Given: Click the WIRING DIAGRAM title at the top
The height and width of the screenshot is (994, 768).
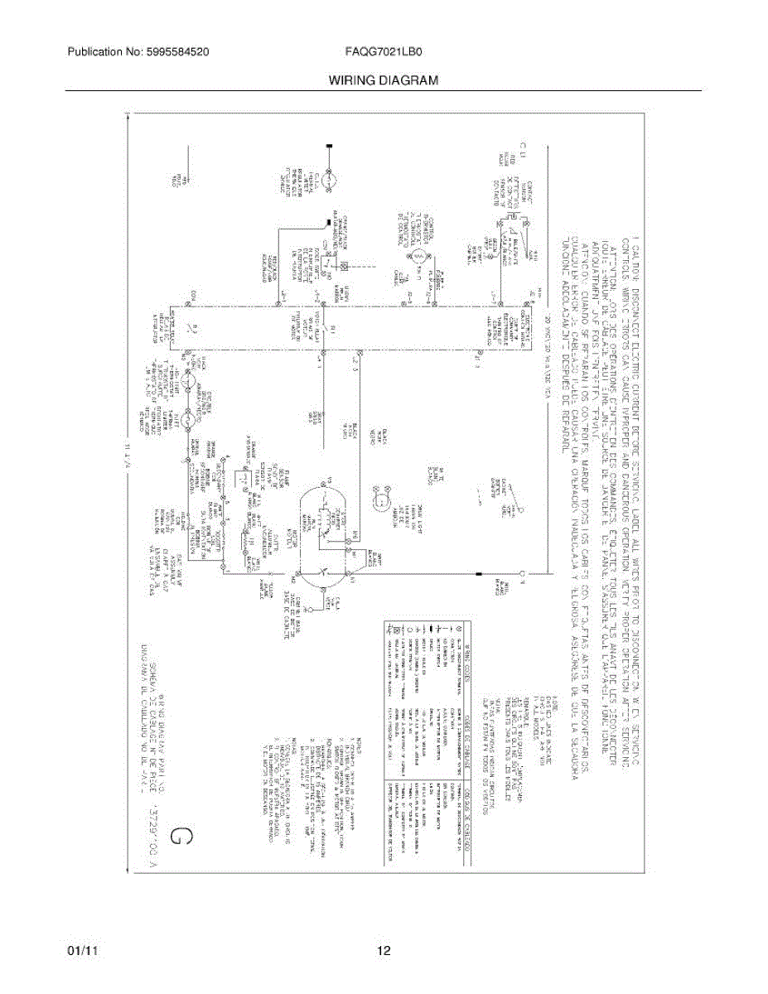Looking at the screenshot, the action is [x=383, y=80].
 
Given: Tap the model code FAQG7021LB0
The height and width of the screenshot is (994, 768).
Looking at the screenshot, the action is [x=384, y=51].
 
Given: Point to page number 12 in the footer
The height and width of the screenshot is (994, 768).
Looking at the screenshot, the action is [x=384, y=951].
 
